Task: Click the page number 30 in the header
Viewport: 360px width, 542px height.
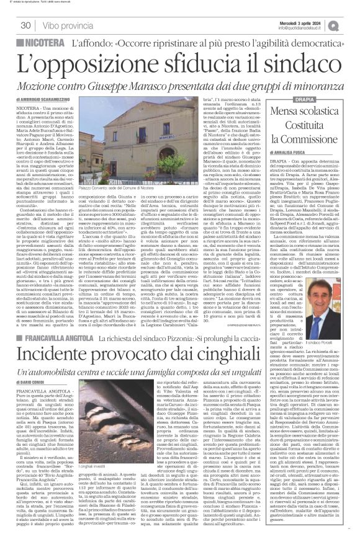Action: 25,25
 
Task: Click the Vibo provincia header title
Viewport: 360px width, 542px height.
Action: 66,25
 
